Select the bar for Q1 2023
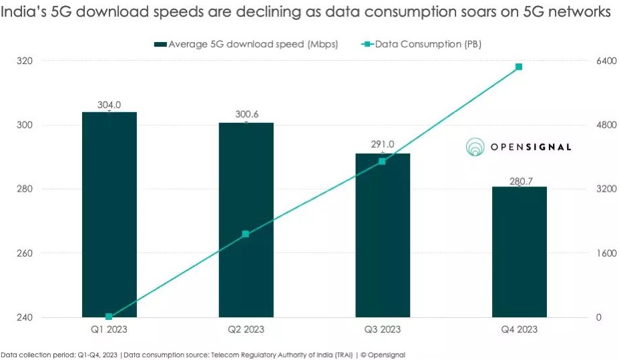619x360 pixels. click(109, 214)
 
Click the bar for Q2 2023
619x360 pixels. click(246, 220)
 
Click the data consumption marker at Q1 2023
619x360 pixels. click(109, 317)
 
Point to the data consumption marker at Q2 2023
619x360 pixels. click(246, 234)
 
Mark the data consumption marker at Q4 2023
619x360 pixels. click(519, 67)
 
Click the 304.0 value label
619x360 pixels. click(109, 105)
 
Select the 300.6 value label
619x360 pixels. click(246, 115)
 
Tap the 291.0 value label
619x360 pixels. click(383, 144)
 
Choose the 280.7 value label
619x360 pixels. click(519, 179)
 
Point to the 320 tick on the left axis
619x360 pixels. click(25, 61)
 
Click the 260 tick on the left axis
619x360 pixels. click(25, 253)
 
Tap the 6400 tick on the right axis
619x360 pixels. click(606, 61)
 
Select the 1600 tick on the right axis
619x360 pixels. click(606, 253)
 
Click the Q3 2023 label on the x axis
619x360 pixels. click(382, 329)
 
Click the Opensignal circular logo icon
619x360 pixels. click(475, 147)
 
